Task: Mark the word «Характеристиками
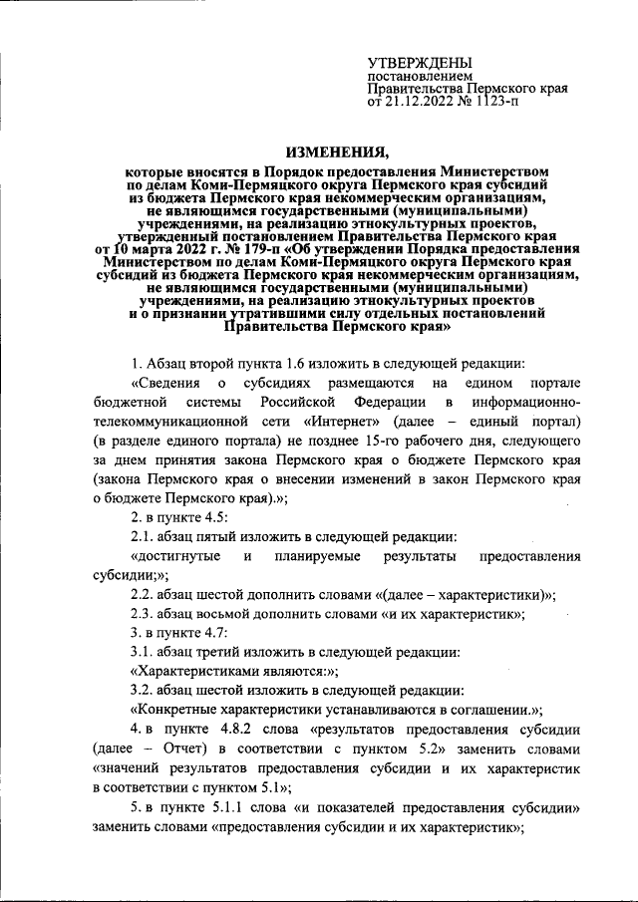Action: (x=200, y=672)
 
